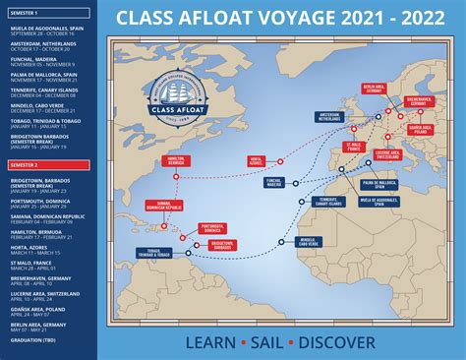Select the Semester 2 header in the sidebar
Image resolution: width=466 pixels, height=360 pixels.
tap(24, 165)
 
